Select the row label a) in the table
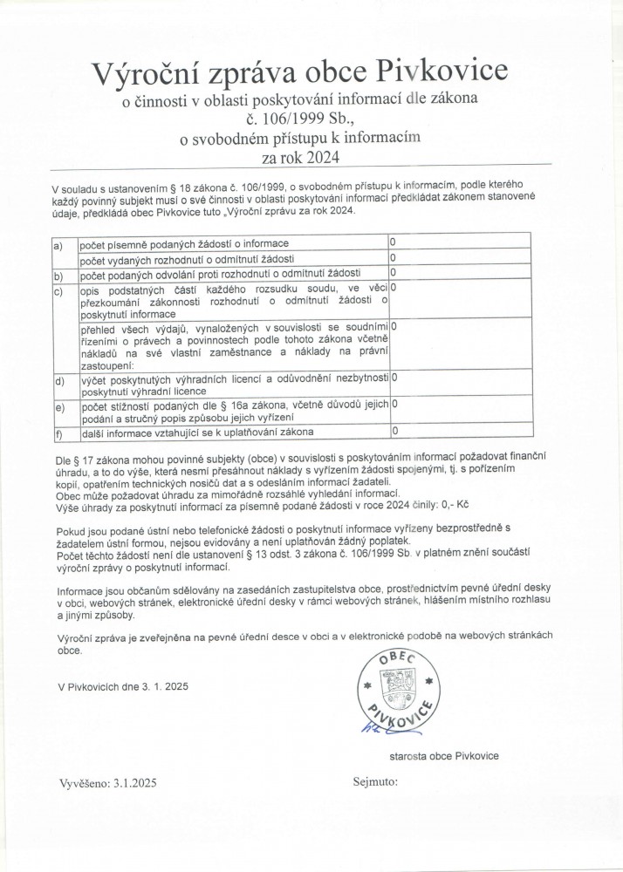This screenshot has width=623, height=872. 58,247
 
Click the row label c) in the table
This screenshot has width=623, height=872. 58,290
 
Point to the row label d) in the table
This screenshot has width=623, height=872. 58,381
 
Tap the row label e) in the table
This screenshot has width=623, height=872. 58,407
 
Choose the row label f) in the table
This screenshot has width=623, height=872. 58,433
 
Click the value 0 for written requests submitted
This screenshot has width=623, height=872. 393,241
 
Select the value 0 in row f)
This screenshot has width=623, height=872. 394,431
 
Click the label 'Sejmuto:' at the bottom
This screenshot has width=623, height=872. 375,781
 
